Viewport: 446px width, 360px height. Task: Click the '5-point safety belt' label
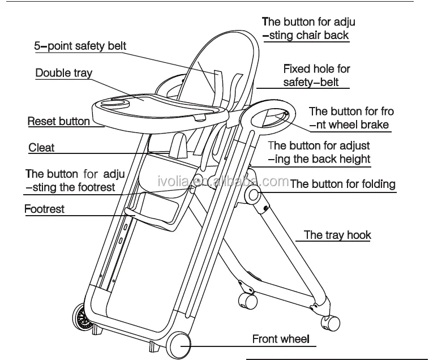click(80, 46)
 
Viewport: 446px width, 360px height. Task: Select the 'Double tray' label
click(63, 73)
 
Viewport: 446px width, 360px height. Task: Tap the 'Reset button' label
click(58, 121)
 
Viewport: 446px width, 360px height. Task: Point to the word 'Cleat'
click(41, 148)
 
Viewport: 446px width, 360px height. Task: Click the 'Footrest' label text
click(44, 209)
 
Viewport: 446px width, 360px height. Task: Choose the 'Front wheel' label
click(281, 340)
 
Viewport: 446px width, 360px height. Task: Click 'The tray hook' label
click(337, 235)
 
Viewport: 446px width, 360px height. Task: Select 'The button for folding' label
click(342, 184)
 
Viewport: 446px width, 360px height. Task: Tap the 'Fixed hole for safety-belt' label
click(316, 75)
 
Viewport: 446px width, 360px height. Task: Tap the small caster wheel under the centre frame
click(245, 299)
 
